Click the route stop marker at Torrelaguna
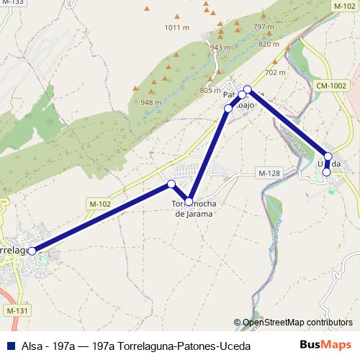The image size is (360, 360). pyautogui.click(x=32, y=251)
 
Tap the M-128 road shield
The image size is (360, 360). pyautogui.click(x=268, y=173)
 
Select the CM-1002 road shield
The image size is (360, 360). pyautogui.click(x=331, y=86)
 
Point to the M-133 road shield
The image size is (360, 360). pyautogui.click(x=13, y=4)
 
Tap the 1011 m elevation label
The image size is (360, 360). pyautogui.click(x=176, y=28)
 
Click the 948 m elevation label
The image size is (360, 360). pyautogui.click(x=151, y=102)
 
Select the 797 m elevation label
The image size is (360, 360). pyautogui.click(x=265, y=27)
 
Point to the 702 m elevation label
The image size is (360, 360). pyautogui.click(x=275, y=73)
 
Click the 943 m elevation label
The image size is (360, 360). pyautogui.click(x=220, y=48)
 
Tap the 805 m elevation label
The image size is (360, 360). pyautogui.click(x=210, y=91)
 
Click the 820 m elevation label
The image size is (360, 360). pyautogui.click(x=268, y=44)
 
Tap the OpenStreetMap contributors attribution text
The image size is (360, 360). pyautogui.click(x=297, y=323)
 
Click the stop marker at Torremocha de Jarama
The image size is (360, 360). pyautogui.click(x=189, y=201)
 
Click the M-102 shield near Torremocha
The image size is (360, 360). pyautogui.click(x=101, y=204)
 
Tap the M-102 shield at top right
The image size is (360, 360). pyautogui.click(x=344, y=5)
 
